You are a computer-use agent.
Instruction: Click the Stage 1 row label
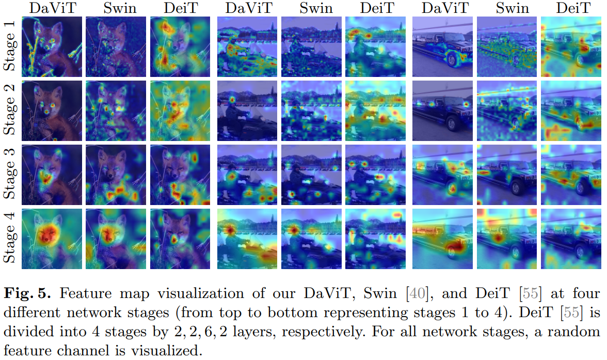(10, 46)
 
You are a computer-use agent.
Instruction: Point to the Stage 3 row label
(10, 175)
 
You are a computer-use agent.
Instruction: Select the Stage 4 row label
(10, 238)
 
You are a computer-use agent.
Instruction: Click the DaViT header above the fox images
(51, 8)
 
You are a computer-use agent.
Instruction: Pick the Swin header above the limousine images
(507, 8)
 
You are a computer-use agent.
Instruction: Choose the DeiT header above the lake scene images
(376, 8)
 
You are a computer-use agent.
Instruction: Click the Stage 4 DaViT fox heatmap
(51, 238)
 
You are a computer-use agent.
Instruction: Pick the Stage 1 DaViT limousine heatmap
(442, 46)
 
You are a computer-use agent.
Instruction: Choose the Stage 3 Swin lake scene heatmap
(311, 175)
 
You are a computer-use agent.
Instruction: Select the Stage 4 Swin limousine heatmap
(507, 238)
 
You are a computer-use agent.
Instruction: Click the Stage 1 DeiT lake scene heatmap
(376, 46)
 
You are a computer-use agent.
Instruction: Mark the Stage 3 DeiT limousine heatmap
(571, 175)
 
